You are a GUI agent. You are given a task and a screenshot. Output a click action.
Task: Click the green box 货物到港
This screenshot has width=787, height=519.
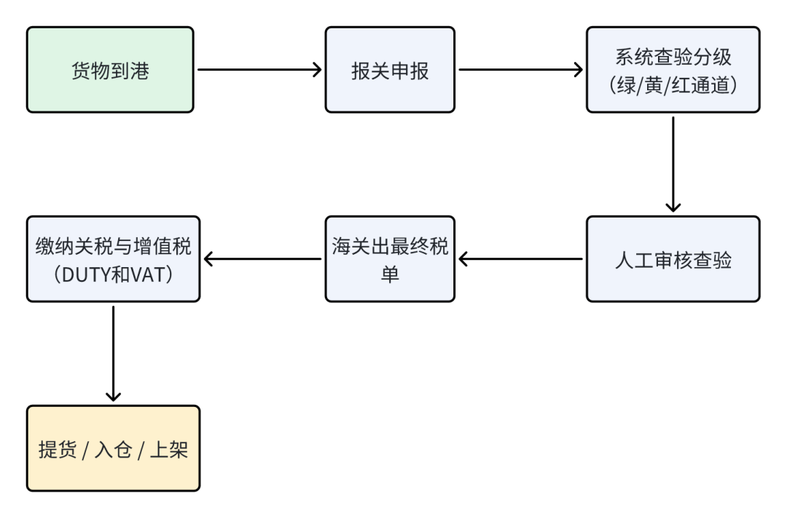tap(110, 70)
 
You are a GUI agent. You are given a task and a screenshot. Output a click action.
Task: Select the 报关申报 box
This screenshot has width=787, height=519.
tap(390, 70)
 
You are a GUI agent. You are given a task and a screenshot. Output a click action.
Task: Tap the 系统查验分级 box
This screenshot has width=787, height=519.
tap(673, 70)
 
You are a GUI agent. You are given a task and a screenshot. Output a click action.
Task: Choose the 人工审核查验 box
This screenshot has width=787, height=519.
tap(673, 259)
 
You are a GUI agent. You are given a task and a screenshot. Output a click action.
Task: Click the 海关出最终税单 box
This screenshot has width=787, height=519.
tap(390, 259)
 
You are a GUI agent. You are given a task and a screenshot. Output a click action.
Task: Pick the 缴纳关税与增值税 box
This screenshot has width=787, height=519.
tap(113, 259)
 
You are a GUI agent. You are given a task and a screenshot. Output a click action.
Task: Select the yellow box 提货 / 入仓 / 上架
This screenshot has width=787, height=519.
tap(113, 448)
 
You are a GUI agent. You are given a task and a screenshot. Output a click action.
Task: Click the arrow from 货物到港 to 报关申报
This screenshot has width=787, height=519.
tap(259, 70)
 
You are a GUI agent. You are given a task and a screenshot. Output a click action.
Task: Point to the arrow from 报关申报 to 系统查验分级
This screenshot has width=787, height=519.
tap(520, 70)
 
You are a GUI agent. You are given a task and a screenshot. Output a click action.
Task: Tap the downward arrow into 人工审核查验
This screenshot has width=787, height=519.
tap(673, 164)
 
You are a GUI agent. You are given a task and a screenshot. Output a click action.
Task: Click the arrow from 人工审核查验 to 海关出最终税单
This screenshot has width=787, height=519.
tap(520, 259)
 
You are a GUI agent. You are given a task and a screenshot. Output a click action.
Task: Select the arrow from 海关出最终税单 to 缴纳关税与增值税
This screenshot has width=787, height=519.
tap(262, 259)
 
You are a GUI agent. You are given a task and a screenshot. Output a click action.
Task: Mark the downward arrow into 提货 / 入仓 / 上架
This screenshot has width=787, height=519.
tap(113, 353)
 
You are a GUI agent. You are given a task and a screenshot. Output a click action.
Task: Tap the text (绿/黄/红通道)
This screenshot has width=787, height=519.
tap(673, 84)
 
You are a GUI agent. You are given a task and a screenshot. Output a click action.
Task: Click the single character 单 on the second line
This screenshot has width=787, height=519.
tap(390, 273)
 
